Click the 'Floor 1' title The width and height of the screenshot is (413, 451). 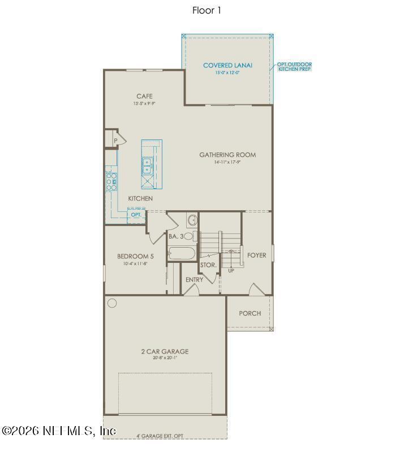pyautogui.click(x=206, y=10)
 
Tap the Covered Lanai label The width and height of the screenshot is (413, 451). pyautogui.click(x=227, y=66)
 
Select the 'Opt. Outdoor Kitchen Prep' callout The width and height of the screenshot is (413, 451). pyautogui.click(x=294, y=67)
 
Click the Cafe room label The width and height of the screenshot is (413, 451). pyautogui.click(x=144, y=96)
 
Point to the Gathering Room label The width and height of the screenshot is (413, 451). pyautogui.click(x=227, y=155)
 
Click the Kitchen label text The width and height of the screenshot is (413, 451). pyautogui.click(x=140, y=198)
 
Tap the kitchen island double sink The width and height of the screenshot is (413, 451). pyautogui.click(x=147, y=165)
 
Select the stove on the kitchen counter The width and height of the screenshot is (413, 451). pyautogui.click(x=111, y=182)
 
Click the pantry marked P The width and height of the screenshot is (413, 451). pyautogui.click(x=114, y=139)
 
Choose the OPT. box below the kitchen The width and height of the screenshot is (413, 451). pyautogui.click(x=136, y=215)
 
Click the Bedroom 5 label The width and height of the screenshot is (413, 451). pyautogui.click(x=136, y=256)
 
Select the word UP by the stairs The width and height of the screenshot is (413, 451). pyautogui.click(x=231, y=271)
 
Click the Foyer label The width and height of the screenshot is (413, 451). pyautogui.click(x=256, y=256)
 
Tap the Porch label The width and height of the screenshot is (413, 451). pyautogui.click(x=250, y=313)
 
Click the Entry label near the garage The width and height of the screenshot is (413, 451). pyautogui.click(x=194, y=280)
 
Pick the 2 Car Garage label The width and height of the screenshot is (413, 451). pyautogui.click(x=165, y=351)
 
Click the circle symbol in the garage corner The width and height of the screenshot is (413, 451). pyautogui.click(x=112, y=303)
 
